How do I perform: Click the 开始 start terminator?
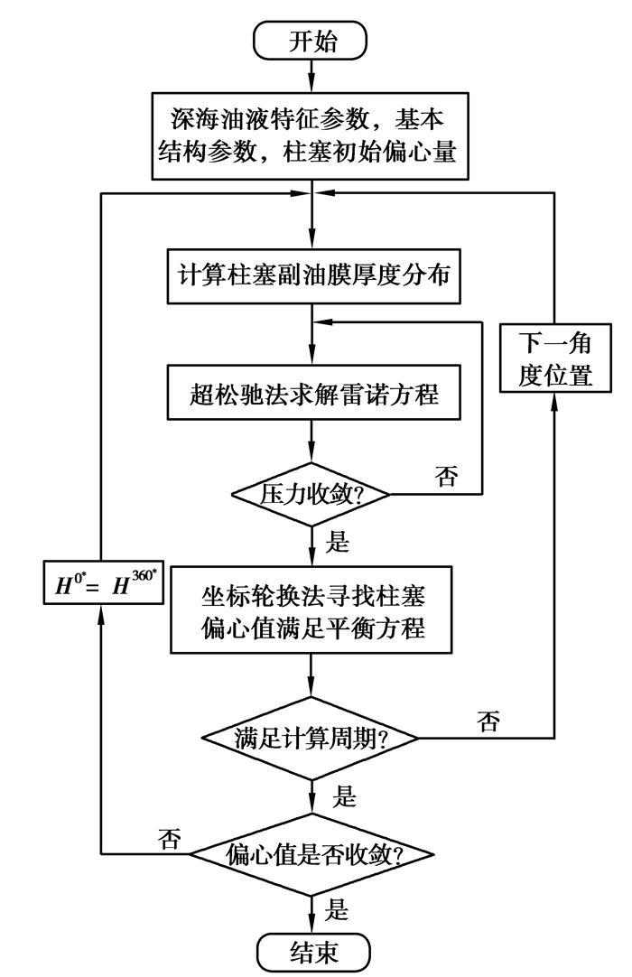click(x=311, y=42)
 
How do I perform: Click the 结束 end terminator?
click(x=311, y=951)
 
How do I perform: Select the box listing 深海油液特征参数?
click(x=311, y=133)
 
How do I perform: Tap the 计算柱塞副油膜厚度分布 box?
click(x=311, y=272)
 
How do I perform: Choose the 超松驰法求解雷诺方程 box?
click(x=311, y=394)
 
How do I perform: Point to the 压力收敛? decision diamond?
click(x=311, y=493)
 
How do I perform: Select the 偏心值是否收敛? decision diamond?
click(x=311, y=852)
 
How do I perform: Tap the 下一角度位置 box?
click(x=554, y=358)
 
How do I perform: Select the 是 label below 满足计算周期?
click(x=344, y=797)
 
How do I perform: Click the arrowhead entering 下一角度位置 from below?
click(x=554, y=402)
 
